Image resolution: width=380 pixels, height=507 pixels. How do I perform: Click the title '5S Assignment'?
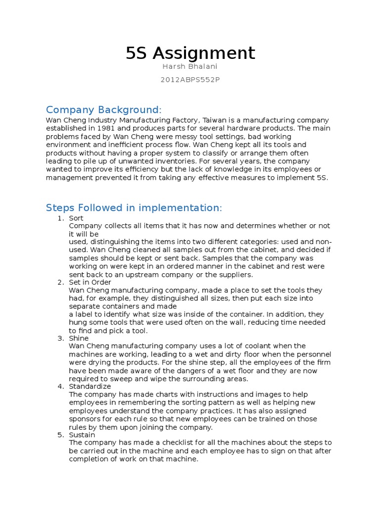point(190,53)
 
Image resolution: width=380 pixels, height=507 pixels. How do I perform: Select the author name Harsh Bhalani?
point(190,67)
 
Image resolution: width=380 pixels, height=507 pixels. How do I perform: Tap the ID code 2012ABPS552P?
point(190,80)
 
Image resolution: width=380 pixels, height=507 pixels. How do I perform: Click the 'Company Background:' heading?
point(103,109)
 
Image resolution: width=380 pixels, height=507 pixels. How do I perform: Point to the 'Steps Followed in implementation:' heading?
point(134,207)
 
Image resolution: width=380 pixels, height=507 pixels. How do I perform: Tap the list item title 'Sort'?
point(76,218)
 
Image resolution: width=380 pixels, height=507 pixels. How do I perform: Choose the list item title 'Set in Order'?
point(90,282)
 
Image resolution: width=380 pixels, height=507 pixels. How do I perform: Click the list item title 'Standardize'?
point(90,386)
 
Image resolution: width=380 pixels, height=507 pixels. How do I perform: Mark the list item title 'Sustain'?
point(82,435)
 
